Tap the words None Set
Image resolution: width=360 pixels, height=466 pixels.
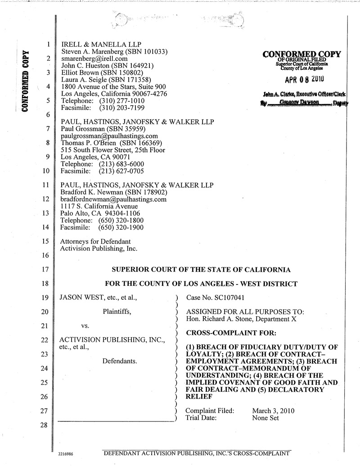coord(265,418)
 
